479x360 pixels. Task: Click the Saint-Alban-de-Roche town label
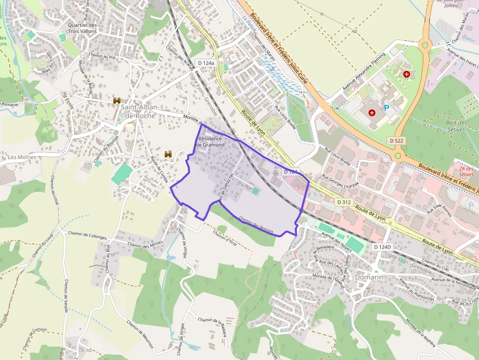coord(138,111)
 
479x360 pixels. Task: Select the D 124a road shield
coord(206,63)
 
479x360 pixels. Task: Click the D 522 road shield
coord(397,140)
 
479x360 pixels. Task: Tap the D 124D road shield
coord(382,247)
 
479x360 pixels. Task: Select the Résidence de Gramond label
coord(211,142)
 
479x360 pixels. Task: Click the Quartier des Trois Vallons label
coord(83,28)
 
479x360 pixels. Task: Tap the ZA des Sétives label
coord(466,171)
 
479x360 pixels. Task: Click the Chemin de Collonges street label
coord(87,236)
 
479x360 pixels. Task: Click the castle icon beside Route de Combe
coord(169,154)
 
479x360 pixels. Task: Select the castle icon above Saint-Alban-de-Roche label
coord(117,101)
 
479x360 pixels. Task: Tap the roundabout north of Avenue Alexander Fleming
coord(425,46)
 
